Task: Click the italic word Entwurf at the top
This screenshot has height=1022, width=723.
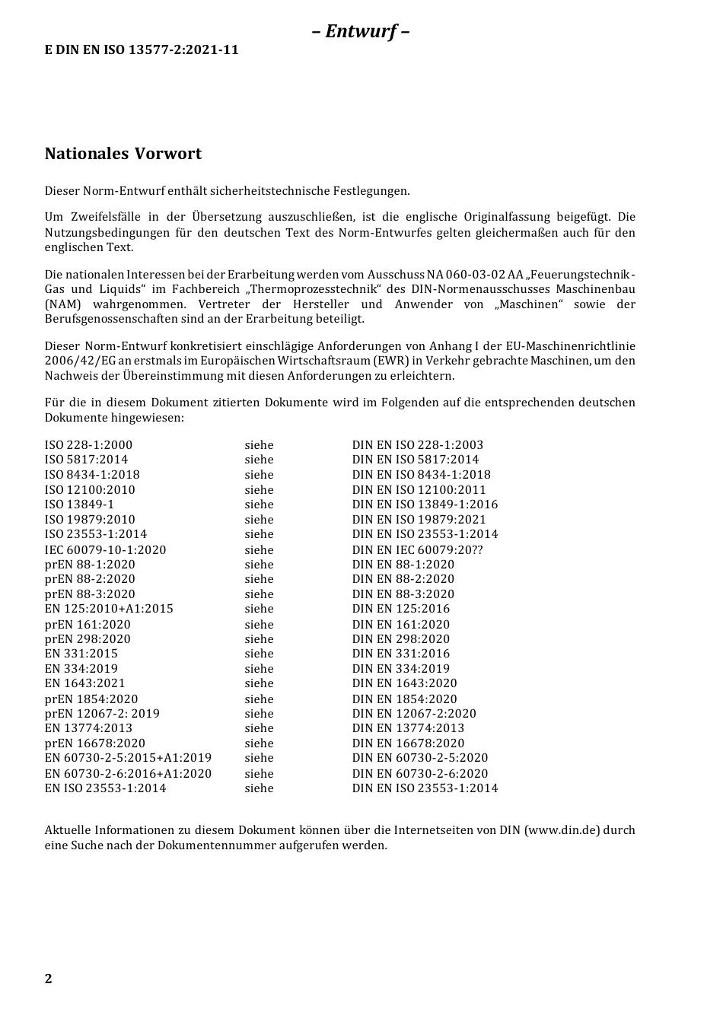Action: click(361, 31)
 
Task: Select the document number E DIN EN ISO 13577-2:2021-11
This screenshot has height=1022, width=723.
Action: click(142, 50)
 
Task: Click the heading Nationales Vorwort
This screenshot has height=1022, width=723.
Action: click(123, 154)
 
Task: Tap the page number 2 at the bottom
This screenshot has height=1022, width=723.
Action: click(49, 979)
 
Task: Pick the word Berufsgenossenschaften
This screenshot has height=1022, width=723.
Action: click(111, 320)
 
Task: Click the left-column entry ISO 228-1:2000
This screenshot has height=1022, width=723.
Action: click(88, 445)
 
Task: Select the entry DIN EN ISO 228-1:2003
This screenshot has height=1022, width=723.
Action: click(418, 445)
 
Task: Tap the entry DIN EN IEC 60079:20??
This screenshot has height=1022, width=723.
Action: click(418, 549)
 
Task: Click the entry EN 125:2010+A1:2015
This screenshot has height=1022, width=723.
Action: click(109, 609)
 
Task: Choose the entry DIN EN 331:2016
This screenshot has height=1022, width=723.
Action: click(401, 654)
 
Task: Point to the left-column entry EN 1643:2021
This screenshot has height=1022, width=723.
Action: click(85, 683)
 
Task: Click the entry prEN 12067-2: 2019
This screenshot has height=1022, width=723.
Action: click(102, 714)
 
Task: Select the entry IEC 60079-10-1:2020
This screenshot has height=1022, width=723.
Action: click(105, 549)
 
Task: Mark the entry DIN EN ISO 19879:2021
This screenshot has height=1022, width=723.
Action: click(419, 520)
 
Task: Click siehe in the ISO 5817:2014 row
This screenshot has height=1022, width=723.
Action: click(259, 460)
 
